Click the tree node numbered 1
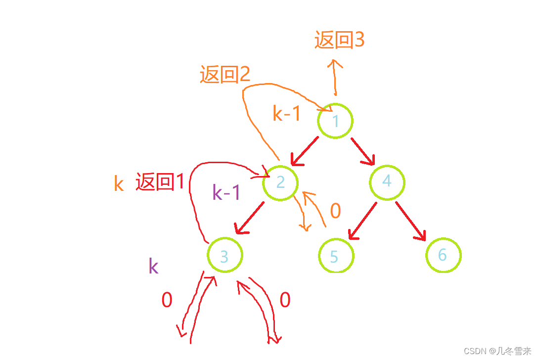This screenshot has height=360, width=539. click(x=335, y=121)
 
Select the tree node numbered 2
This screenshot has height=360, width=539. click(x=280, y=182)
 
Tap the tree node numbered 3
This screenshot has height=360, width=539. click(x=225, y=256)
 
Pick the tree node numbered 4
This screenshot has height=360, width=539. click(x=387, y=181)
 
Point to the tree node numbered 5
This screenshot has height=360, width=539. click(x=336, y=256)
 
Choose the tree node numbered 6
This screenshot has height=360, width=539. click(x=443, y=255)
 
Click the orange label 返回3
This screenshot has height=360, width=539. click(x=339, y=40)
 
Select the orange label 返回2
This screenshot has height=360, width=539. click(x=225, y=74)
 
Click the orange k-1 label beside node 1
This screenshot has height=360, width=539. click(x=287, y=114)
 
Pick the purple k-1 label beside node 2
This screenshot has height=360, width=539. click(x=226, y=192)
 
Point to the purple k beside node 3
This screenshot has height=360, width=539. click(x=154, y=267)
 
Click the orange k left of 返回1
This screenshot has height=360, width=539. click(x=119, y=184)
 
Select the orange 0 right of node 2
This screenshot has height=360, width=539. click(x=335, y=211)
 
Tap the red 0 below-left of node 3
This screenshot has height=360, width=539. click(x=167, y=300)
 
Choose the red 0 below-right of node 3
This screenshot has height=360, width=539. click(x=285, y=300)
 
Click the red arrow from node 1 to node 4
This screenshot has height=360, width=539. click(x=363, y=151)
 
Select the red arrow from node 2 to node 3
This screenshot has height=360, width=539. click(x=249, y=218)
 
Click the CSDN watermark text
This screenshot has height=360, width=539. click(x=496, y=351)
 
